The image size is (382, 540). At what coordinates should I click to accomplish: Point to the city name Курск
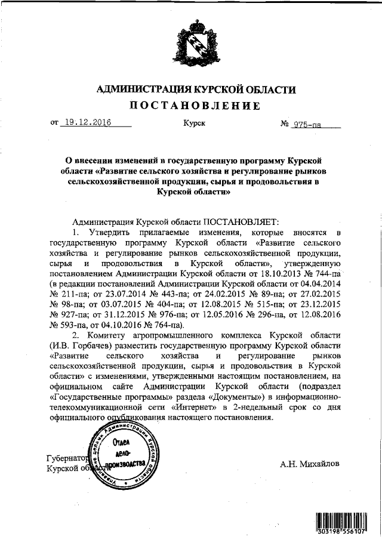tap(195, 124)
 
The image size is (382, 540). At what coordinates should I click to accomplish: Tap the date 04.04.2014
tap(319, 283)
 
